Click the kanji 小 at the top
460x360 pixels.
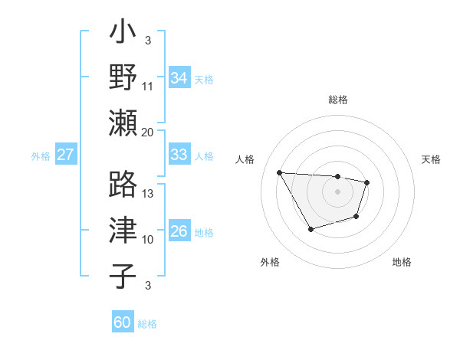tap(123, 34)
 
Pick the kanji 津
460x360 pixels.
tap(123, 231)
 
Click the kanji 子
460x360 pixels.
tap(123, 276)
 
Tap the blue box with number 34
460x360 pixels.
tap(179, 77)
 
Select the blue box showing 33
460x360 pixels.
tap(179, 154)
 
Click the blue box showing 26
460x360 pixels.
tap(179, 231)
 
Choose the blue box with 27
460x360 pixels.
tap(65, 155)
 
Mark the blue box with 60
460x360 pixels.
tap(123, 322)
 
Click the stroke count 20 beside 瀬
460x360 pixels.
tap(148, 132)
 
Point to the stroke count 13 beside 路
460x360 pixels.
tap(148, 193)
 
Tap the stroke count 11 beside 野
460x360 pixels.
tap(148, 86)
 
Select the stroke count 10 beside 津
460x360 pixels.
tap(148, 239)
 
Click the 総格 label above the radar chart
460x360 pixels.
tap(337, 100)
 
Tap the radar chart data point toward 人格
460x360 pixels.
tap(279, 172)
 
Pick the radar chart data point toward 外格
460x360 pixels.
tap(310, 229)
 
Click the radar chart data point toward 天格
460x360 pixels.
tap(367, 182)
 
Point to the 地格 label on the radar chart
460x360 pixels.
tap(402, 262)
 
